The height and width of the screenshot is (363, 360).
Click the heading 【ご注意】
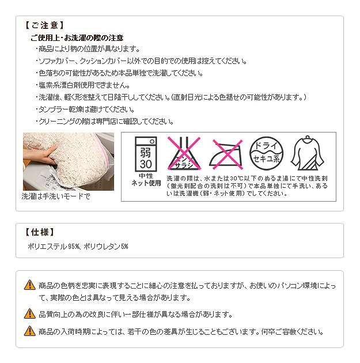coord(44,25)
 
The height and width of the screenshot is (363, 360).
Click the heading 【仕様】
coord(40,232)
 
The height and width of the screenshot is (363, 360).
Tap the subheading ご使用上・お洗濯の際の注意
coord(77,37)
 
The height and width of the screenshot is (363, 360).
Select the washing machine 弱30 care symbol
coord(146,154)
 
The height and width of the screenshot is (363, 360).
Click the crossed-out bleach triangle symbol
coord(184,153)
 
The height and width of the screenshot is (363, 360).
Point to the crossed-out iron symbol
coord(227,154)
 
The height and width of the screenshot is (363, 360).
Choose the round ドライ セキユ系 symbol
coord(266,153)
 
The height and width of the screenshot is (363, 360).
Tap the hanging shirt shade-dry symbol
coord(307,153)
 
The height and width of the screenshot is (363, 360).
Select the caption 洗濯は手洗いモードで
coord(56,196)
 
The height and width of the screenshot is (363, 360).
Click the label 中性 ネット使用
coord(146,180)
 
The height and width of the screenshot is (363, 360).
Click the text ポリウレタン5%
coord(106,247)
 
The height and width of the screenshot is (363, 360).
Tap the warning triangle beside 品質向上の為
coord(30,313)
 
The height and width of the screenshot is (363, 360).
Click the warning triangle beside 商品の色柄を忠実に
coord(30,285)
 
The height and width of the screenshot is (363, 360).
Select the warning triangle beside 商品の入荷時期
coord(30,331)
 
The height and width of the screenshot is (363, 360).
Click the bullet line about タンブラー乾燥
coord(85,109)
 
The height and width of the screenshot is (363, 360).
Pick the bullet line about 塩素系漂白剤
coord(82,85)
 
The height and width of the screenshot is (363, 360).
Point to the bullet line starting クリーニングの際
coord(105,122)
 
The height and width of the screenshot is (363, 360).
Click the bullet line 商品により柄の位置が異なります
coord(88,49)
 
